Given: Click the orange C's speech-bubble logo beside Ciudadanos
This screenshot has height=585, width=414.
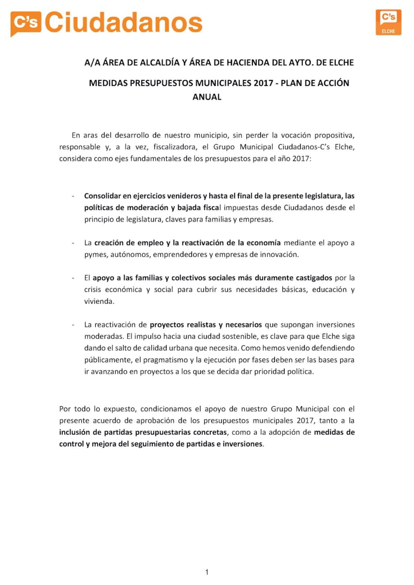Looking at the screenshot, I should (x=26, y=23).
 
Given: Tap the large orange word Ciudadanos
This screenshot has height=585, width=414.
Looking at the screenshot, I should (x=124, y=23).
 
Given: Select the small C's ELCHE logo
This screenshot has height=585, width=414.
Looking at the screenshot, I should (x=388, y=22).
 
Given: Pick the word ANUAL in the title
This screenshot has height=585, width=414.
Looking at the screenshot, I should (x=207, y=97).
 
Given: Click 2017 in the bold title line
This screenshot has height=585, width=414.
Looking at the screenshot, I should (x=263, y=83).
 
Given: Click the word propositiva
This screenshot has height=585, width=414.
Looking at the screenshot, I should (x=334, y=135).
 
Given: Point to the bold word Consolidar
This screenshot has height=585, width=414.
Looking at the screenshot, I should (x=102, y=196).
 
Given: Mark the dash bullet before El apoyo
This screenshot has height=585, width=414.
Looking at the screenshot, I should (x=73, y=278).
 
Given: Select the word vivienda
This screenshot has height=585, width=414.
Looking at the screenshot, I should (x=99, y=301).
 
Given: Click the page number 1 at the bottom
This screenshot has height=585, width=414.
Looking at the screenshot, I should (x=207, y=572).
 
